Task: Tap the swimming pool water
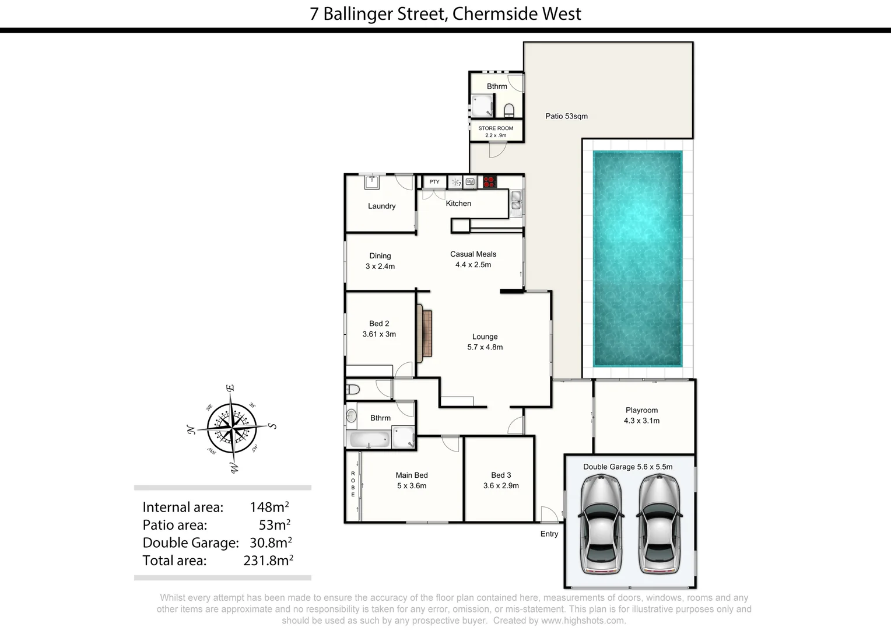(637, 258)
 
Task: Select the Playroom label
(641, 410)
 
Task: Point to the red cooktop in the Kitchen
(489, 182)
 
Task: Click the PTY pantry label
(434, 182)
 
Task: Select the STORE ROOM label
(496, 128)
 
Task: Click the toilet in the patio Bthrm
(509, 110)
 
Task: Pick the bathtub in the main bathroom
(368, 440)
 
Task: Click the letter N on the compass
(190, 430)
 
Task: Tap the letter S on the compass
(272, 426)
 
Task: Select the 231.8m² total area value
(268, 561)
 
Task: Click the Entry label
(549, 534)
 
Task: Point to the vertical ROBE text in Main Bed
(353, 484)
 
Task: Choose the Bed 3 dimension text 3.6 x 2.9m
(501, 485)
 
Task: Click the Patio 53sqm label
(566, 116)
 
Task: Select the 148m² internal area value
(269, 507)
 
